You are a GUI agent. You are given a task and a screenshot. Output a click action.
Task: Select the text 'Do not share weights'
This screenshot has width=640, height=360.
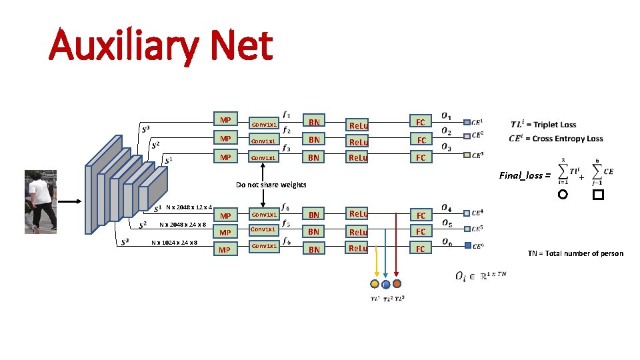[x=271, y=185]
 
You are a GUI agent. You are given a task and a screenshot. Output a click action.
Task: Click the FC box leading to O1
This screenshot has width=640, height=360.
[x=420, y=122]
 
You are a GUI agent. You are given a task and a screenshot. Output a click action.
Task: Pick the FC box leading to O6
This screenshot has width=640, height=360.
[x=420, y=249]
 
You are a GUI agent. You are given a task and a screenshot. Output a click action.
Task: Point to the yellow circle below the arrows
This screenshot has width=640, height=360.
[x=375, y=283]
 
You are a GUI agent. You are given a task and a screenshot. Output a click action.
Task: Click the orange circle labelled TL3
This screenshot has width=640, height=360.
[x=397, y=283]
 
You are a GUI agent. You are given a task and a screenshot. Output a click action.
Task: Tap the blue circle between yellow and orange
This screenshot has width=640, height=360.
[x=386, y=284]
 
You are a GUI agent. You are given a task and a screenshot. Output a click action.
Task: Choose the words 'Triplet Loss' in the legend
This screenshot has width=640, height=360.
[x=553, y=125]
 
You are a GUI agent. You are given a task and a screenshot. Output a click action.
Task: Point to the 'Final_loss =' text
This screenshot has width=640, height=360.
[x=525, y=176]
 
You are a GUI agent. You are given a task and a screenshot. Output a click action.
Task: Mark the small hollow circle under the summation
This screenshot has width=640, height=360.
[x=563, y=195]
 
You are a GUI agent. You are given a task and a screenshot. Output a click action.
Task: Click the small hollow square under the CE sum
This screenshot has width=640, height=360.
[x=598, y=195]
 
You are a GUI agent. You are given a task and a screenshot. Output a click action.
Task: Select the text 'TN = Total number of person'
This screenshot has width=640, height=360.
[x=575, y=253]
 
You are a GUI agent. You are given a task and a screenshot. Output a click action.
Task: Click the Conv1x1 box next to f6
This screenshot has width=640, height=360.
[x=265, y=246]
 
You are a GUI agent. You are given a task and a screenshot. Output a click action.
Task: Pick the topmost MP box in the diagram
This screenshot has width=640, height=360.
[x=225, y=121]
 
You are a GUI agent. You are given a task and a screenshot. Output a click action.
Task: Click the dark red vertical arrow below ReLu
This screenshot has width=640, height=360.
[x=397, y=260]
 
